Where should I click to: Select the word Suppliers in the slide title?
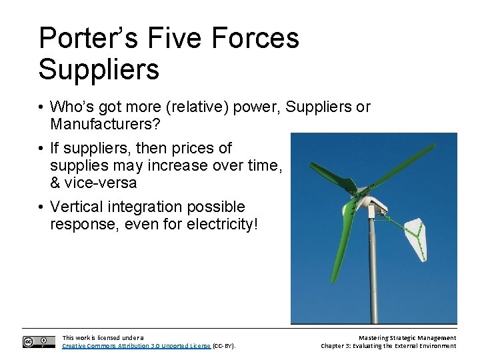click(99, 69)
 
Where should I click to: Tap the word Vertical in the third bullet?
click(79, 207)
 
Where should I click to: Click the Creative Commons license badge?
click(39, 341)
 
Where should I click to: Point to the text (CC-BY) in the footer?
click(223, 346)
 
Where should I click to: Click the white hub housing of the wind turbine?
click(374, 204)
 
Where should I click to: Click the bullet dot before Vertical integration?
click(41, 207)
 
